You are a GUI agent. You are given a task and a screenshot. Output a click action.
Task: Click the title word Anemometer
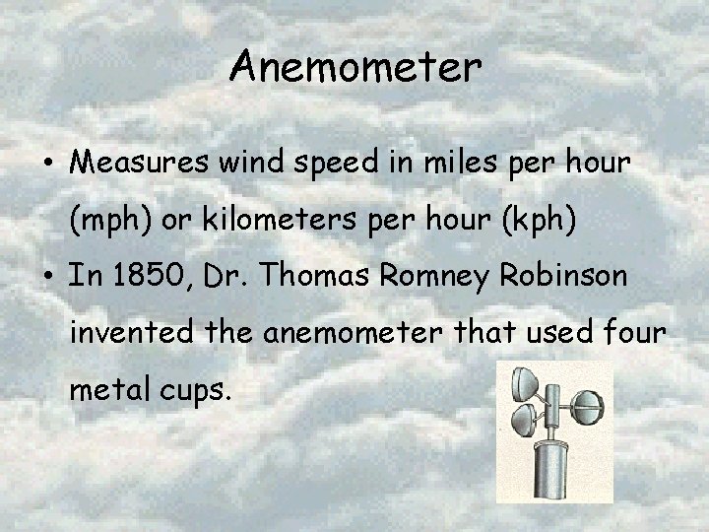[x=355, y=68]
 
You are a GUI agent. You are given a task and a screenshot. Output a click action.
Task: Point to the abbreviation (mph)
[x=110, y=222]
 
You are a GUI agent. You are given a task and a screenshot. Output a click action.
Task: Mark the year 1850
[x=143, y=277]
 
